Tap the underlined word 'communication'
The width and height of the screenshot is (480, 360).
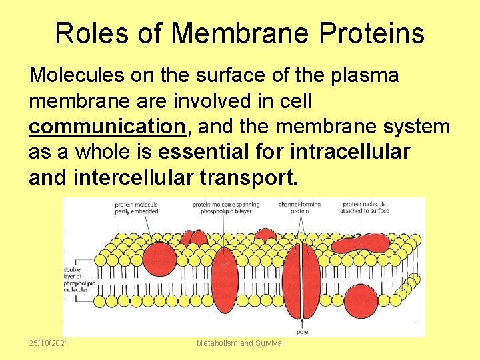click(x=107, y=127)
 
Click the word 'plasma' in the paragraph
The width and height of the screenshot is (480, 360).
click(x=364, y=76)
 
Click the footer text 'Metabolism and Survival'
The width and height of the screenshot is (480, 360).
click(x=240, y=343)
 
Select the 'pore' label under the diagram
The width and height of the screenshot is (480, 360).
click(x=302, y=331)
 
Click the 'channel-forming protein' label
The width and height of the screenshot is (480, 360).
click(x=299, y=207)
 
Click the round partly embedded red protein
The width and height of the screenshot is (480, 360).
click(x=159, y=257)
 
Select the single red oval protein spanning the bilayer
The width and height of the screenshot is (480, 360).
click(x=225, y=280)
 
